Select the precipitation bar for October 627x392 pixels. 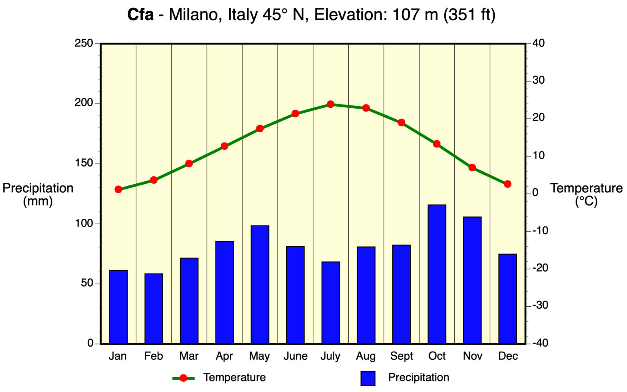click(x=437, y=274)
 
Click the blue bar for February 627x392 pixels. click(x=153, y=308)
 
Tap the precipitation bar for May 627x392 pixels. click(x=260, y=284)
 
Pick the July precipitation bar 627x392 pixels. click(x=331, y=302)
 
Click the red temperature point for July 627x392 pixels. click(x=331, y=104)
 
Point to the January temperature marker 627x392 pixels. click(x=118, y=189)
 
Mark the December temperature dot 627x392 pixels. click(x=507, y=184)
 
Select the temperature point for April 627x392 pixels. click(x=225, y=146)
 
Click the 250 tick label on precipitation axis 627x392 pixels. click(x=84, y=43)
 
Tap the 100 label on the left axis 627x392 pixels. click(x=84, y=223)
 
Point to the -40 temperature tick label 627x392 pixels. click(x=540, y=343)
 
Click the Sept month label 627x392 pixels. click(x=401, y=356)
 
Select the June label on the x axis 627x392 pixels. click(x=295, y=356)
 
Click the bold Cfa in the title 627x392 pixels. click(x=140, y=15)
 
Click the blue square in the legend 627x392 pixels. click(x=367, y=378)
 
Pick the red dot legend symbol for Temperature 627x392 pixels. click(x=183, y=378)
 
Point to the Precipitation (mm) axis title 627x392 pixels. click(x=38, y=194)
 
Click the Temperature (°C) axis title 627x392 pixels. click(x=586, y=194)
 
